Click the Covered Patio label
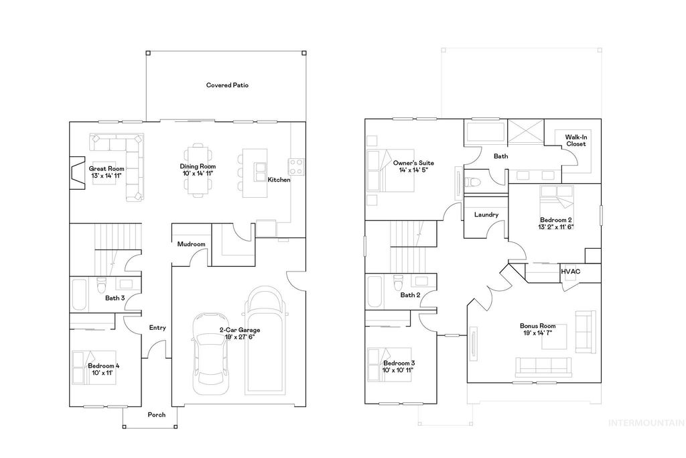[227, 85]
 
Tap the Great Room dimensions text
[107, 176]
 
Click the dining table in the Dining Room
[198, 171]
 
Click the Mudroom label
[190, 244]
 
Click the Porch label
[156, 414]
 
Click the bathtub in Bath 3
[78, 294]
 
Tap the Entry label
[157, 328]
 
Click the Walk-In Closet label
[575, 140]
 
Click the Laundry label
[485, 215]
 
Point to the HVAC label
[570, 271]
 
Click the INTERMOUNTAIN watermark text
[645, 422]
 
